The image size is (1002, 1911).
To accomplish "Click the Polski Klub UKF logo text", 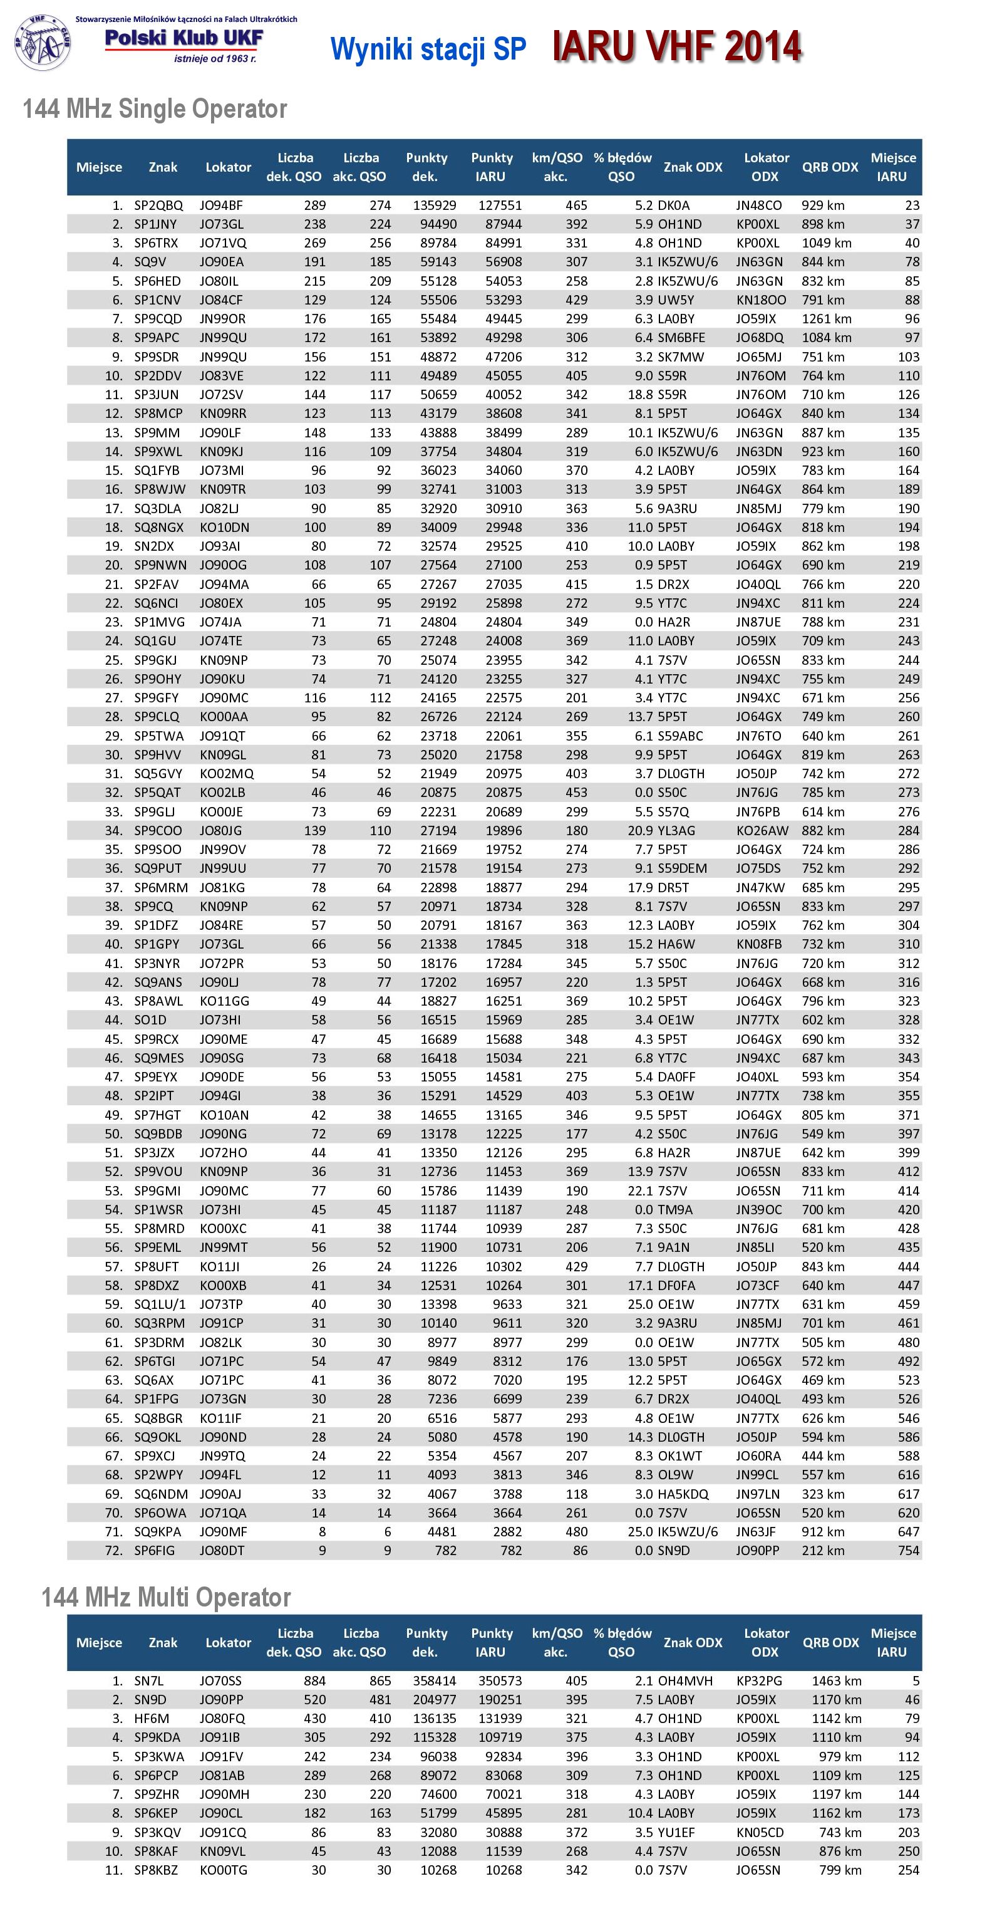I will (x=184, y=39).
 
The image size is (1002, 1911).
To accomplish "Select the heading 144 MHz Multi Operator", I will (x=166, y=1596).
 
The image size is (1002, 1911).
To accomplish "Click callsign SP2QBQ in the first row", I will (x=158, y=206).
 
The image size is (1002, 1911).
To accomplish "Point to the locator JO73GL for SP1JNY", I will (x=221, y=224).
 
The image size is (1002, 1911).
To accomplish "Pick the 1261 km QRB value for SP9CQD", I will (x=826, y=319).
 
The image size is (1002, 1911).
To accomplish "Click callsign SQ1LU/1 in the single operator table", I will (x=160, y=1304).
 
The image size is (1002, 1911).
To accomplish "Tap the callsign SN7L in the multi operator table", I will (x=148, y=1680).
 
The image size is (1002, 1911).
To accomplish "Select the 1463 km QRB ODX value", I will (x=836, y=1680).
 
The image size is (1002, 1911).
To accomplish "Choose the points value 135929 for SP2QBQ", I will (x=435, y=206).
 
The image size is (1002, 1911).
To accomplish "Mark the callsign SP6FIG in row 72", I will (x=154, y=1551).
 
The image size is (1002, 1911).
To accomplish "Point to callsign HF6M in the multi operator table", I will (x=152, y=1718).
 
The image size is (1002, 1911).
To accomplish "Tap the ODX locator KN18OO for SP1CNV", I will (x=761, y=299).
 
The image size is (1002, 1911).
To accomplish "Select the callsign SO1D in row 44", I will (x=150, y=1020).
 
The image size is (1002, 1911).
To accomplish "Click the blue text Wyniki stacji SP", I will (x=428, y=49).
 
